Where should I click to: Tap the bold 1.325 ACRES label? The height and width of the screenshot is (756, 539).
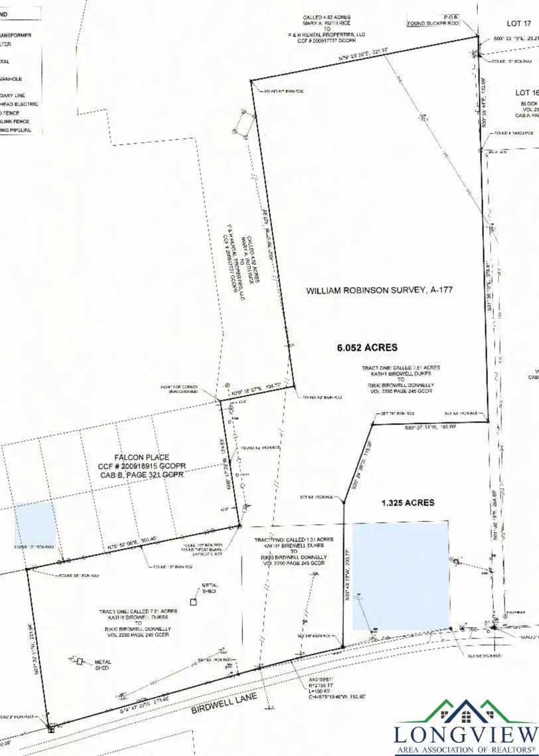[408, 502]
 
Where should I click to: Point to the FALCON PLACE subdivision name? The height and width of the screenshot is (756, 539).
[142, 458]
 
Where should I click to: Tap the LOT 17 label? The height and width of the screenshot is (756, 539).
[518, 23]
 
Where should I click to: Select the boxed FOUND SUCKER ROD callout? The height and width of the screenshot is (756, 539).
[433, 23]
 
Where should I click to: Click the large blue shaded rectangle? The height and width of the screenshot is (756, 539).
[400, 575]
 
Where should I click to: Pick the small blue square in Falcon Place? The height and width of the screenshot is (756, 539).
[35, 523]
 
